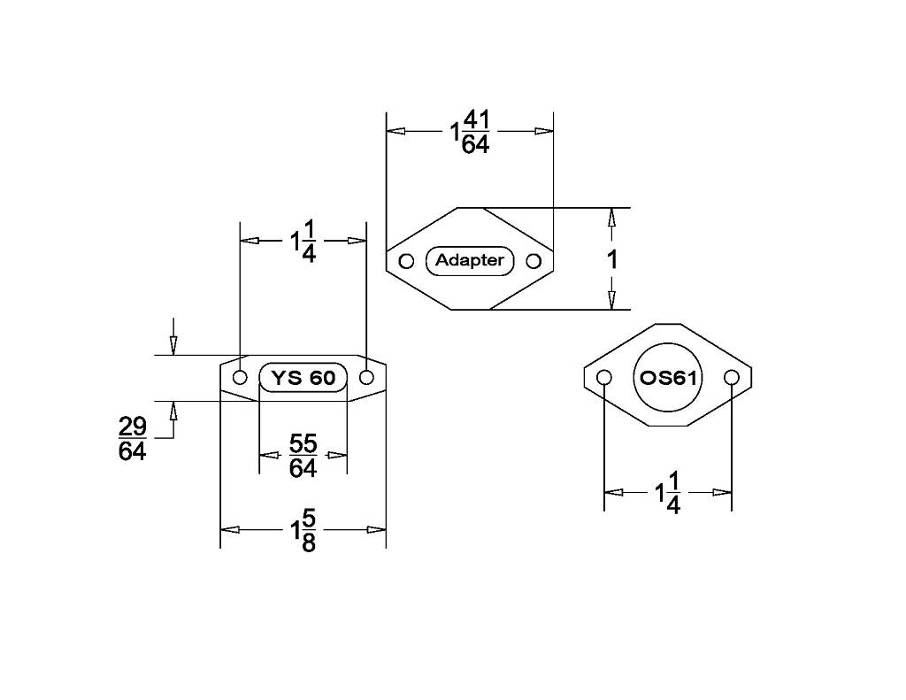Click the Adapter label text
pyautogui.click(x=469, y=261)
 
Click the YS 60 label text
pyautogui.click(x=303, y=378)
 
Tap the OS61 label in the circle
pyautogui.click(x=668, y=378)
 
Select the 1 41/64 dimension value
pyautogui.click(x=471, y=133)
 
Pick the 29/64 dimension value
pyautogui.click(x=133, y=439)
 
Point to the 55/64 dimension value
pyautogui.click(x=303, y=456)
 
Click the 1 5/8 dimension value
pyautogui.click(x=303, y=530)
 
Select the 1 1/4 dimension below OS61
pyautogui.click(x=667, y=493)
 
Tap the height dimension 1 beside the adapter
pyautogui.click(x=612, y=259)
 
